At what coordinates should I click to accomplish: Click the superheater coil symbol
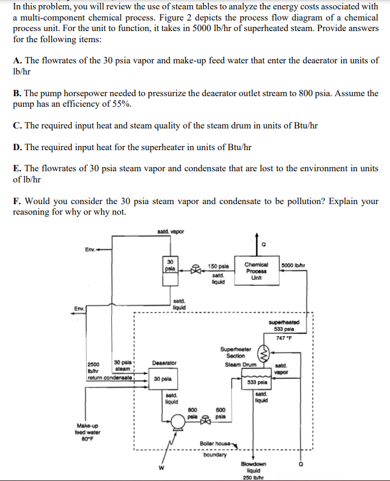click(x=264, y=353)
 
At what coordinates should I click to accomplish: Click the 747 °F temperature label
click(x=285, y=337)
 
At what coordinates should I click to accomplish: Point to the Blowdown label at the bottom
click(x=253, y=464)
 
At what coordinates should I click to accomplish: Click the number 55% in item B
click(x=122, y=104)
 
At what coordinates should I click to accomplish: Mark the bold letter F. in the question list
click(x=16, y=201)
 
